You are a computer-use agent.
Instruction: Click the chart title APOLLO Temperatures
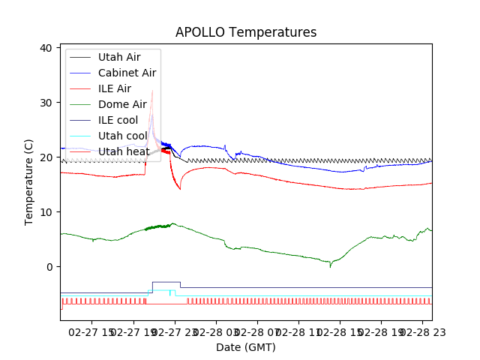[246, 32]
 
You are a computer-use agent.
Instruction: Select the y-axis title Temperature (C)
[29, 182]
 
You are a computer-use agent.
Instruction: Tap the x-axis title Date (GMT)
[246, 347]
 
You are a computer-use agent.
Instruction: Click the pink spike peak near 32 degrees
[152, 91]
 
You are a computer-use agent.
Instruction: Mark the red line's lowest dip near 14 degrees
[180, 189]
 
